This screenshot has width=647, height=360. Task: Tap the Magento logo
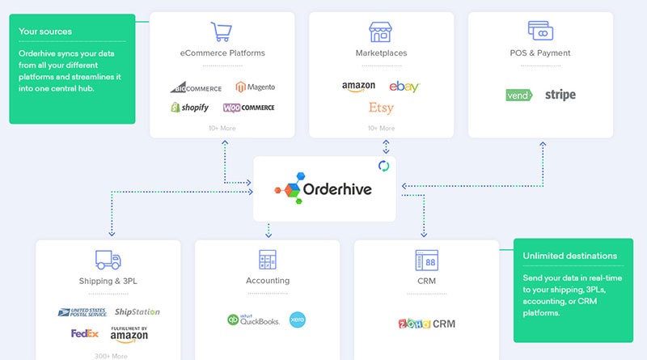click(255, 87)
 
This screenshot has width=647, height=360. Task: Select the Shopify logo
click(190, 108)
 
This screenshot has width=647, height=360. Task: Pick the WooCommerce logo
click(249, 108)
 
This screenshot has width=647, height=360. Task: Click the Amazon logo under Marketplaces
click(358, 86)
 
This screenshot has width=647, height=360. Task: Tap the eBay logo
click(404, 87)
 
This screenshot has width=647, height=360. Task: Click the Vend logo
click(518, 95)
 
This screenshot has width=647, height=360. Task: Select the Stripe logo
click(560, 95)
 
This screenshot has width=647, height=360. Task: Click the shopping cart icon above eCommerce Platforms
click(222, 32)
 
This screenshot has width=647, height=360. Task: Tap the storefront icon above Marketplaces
click(381, 32)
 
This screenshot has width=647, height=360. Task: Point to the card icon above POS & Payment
click(540, 32)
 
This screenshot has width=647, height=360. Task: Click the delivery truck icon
click(108, 260)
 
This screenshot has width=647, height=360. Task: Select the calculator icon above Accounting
click(268, 260)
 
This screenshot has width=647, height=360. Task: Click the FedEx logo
click(85, 333)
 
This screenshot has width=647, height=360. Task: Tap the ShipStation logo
click(137, 311)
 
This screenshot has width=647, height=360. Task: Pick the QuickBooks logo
click(254, 320)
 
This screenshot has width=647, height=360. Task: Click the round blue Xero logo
click(298, 320)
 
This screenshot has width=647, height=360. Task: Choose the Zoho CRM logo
click(426, 324)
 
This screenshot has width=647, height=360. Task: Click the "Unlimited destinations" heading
click(569, 256)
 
